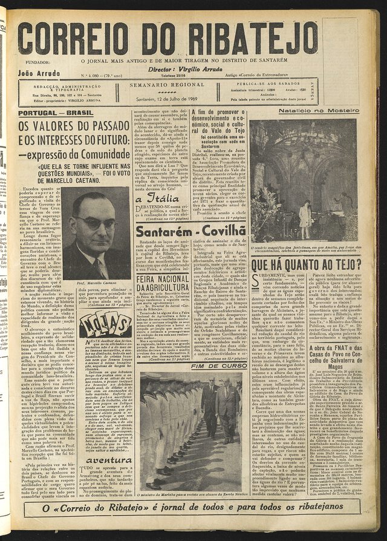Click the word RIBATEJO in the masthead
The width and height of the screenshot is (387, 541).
tap(255, 38)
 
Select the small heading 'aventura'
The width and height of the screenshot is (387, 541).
tap(109, 459)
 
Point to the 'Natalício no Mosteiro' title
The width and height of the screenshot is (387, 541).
tap(311, 111)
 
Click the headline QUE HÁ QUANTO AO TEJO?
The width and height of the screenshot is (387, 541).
tap(306, 264)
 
